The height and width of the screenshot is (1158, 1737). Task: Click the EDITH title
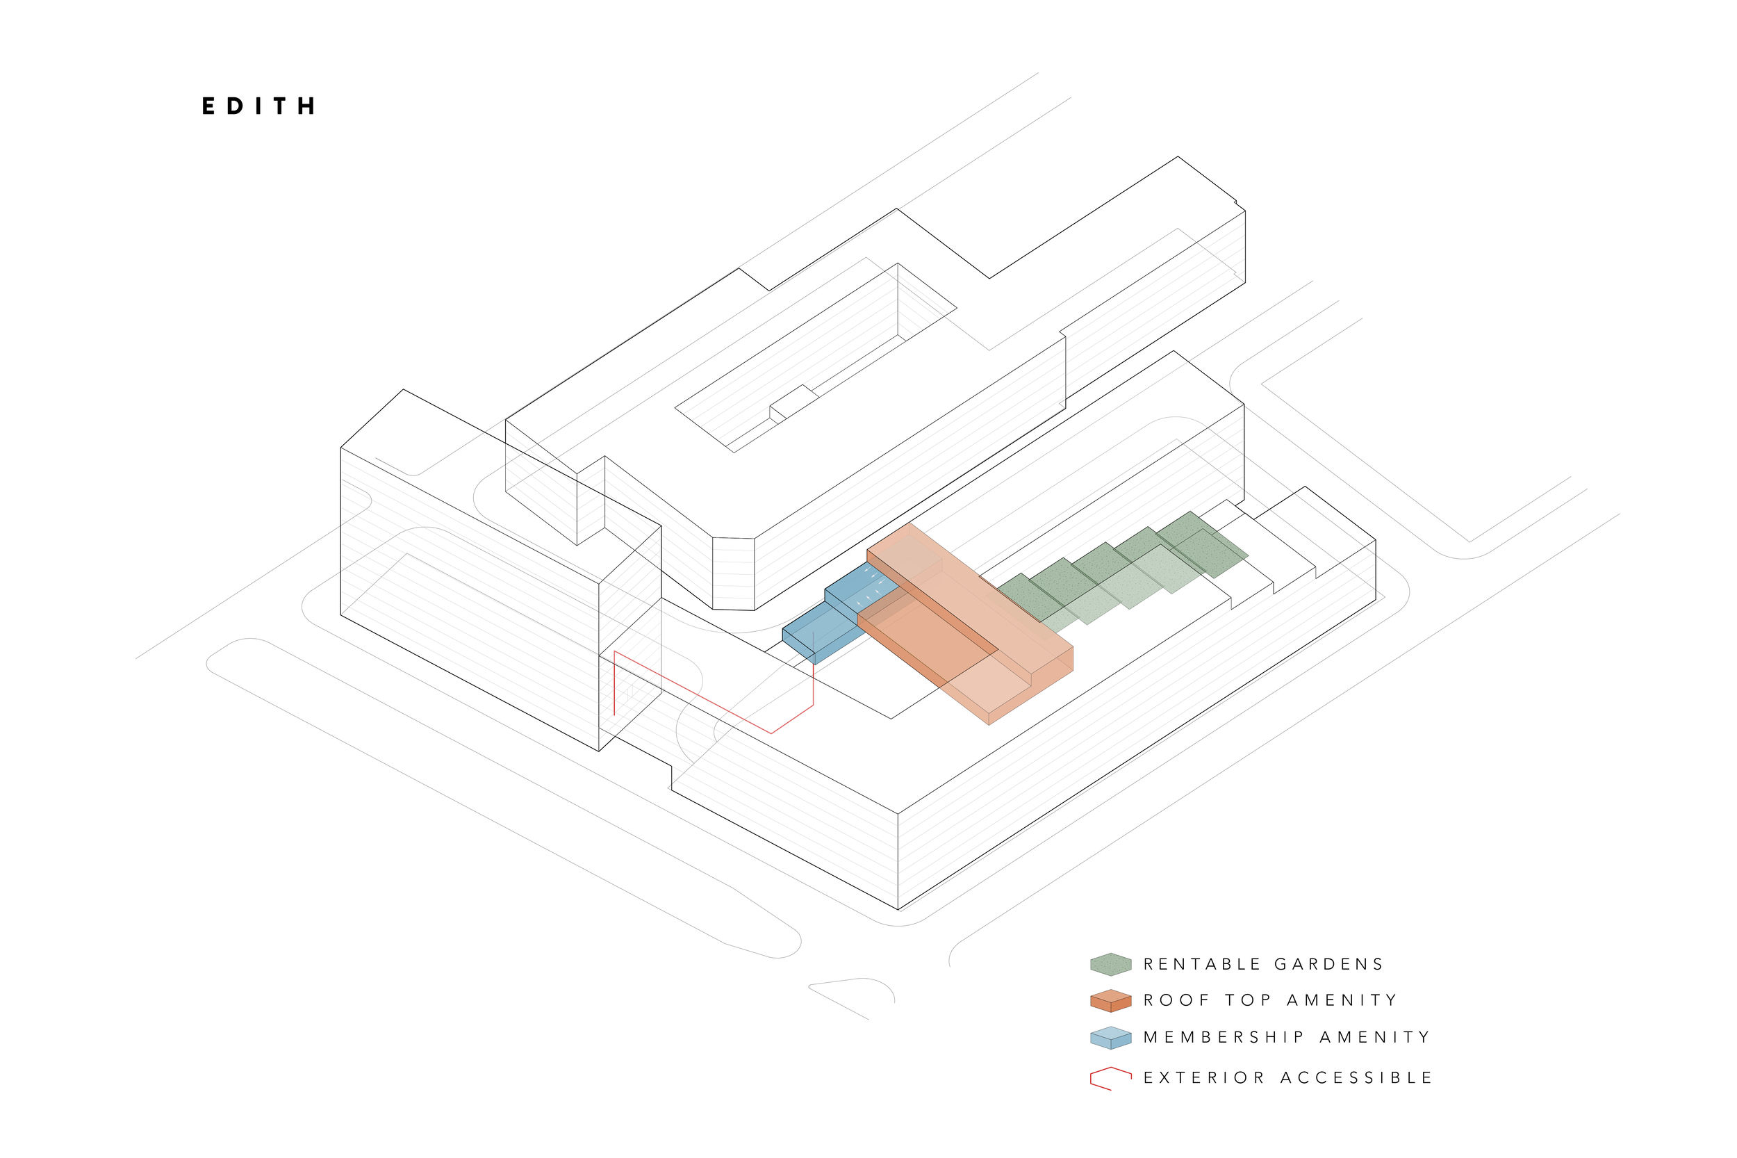coord(259,106)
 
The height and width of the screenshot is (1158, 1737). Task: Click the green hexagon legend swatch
coord(1110,964)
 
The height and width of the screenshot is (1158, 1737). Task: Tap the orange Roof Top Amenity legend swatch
coord(1110,1001)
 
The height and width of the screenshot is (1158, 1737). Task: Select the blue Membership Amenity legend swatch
coord(1110,1038)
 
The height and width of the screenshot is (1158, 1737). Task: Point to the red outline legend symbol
coord(1110,1078)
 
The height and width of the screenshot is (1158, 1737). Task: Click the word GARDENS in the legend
coord(1328,964)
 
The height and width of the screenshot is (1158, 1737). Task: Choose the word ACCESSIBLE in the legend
coord(1356,1078)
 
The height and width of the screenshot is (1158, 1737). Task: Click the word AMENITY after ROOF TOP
coord(1342,1001)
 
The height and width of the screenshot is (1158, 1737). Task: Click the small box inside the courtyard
coord(793,402)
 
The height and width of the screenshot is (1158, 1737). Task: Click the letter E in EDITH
coord(209,106)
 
